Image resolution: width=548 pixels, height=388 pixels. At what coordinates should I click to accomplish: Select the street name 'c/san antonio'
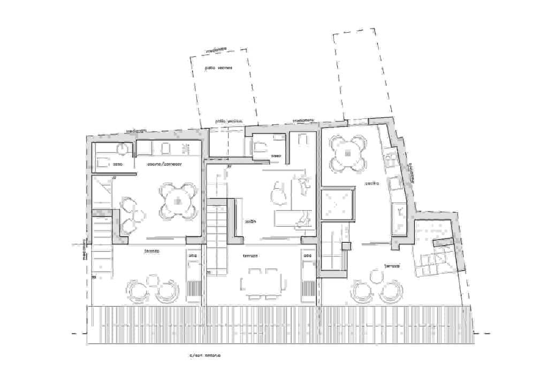[x=204, y=355]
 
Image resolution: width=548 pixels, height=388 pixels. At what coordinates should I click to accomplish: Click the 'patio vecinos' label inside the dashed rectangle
[x=218, y=68]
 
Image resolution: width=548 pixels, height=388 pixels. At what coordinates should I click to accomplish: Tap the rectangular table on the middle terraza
[x=262, y=283]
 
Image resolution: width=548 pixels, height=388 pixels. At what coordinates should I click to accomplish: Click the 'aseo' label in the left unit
[x=118, y=165]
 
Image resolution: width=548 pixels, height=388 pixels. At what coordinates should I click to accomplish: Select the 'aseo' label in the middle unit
[x=276, y=156]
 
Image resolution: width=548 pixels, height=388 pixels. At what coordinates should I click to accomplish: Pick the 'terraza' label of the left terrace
[x=151, y=251]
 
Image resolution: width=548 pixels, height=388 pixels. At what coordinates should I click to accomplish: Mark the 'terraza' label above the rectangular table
[x=250, y=256]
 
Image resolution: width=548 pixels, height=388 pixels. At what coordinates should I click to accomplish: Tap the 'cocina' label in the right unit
[x=372, y=183]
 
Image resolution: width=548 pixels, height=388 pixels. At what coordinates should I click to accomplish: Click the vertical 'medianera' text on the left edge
[x=84, y=249]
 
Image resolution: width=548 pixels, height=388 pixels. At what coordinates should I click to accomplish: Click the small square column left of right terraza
[x=346, y=247]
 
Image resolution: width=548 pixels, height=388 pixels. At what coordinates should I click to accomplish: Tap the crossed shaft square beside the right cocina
[x=337, y=204]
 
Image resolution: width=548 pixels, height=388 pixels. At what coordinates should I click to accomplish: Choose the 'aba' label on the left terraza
[x=192, y=256]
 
